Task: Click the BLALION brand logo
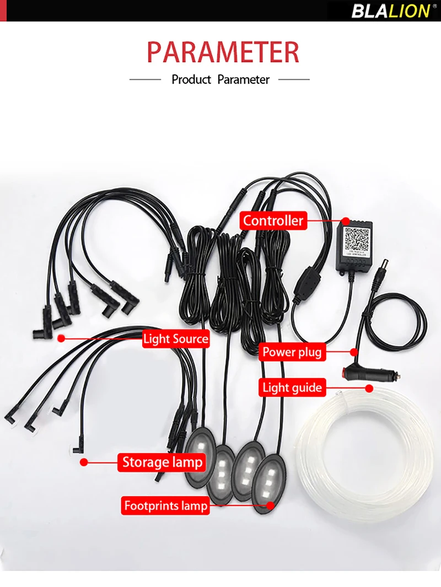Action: click(x=390, y=10)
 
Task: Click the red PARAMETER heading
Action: click(x=223, y=52)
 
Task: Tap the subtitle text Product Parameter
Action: click(x=220, y=79)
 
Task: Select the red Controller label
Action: click(x=273, y=221)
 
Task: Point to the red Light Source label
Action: click(x=175, y=338)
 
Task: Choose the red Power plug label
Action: click(x=291, y=352)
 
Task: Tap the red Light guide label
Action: click(x=292, y=387)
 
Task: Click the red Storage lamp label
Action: click(x=162, y=462)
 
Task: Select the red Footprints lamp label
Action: click(x=165, y=505)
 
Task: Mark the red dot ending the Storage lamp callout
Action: click(x=84, y=462)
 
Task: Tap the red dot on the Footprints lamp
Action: click(x=270, y=505)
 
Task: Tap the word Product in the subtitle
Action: click(x=191, y=79)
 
